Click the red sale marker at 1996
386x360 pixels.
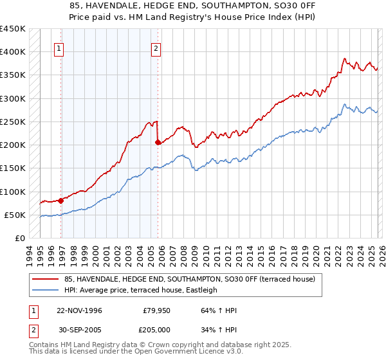61,201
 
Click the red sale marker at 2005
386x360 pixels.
158,143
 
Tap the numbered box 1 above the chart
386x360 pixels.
59,48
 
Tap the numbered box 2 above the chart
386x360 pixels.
156,48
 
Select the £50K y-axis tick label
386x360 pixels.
15,215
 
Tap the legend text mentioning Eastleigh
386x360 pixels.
141,291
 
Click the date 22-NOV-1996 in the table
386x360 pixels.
79,310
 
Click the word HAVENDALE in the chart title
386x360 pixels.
126,6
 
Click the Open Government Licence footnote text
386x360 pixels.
136,352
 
